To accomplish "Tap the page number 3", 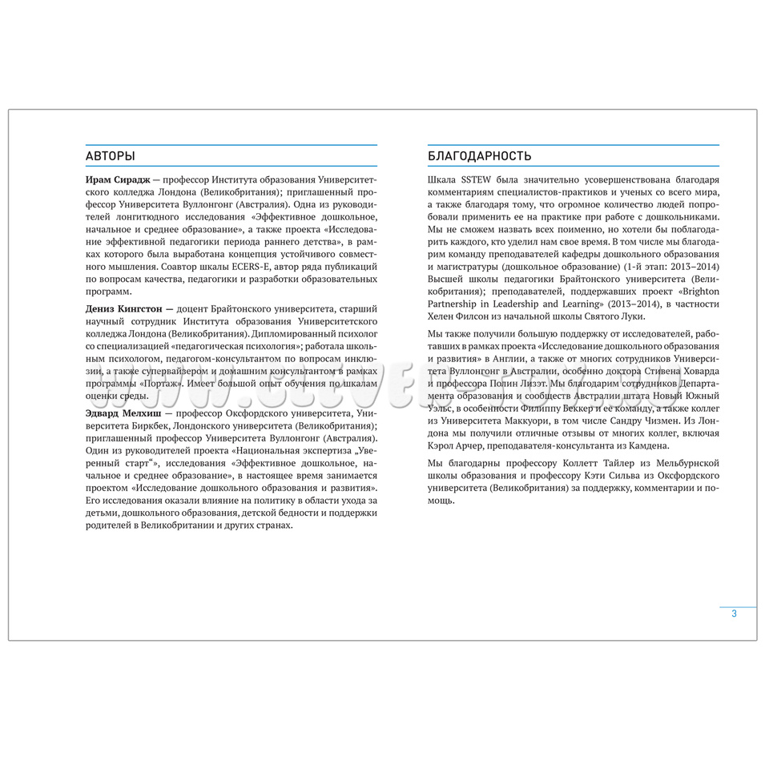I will (734, 614).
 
